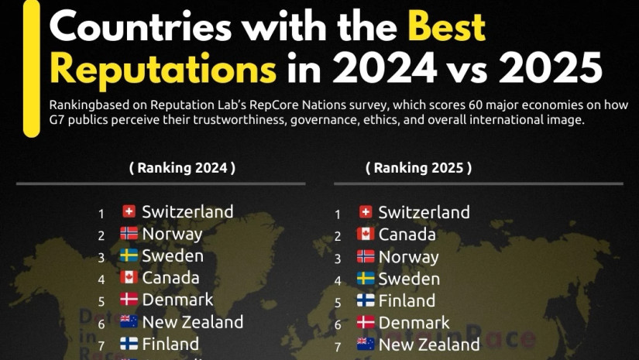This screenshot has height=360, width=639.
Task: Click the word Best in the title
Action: coord(446,28)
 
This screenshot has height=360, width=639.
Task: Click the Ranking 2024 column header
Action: coord(182,167)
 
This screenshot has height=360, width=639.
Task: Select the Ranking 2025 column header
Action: coord(419,167)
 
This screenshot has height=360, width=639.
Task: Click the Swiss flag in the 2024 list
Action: coord(129,211)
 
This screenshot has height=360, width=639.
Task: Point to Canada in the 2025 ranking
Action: coord(407,235)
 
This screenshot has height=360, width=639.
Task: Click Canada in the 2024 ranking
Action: coord(170,277)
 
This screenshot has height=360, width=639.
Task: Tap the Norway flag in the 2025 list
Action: coord(366,256)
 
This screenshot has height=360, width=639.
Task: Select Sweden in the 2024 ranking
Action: coord(173,255)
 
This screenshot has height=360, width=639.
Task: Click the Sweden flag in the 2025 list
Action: coord(366,279)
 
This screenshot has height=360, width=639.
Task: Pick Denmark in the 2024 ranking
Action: coord(177,299)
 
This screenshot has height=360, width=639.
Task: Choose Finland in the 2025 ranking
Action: coord(407,300)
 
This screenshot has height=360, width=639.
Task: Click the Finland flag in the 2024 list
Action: coord(129,343)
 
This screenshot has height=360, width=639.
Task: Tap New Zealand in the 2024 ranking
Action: coord(192,321)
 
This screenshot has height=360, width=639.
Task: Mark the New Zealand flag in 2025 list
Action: coord(366,345)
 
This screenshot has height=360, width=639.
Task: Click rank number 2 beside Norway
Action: coord(101,235)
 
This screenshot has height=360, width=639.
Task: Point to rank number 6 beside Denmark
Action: coord(338,324)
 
